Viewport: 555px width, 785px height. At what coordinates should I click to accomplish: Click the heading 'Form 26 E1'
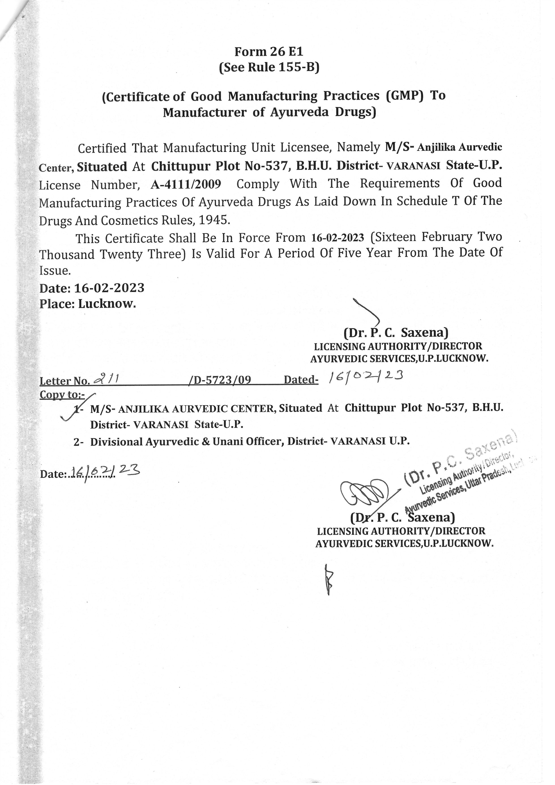[x=269, y=52]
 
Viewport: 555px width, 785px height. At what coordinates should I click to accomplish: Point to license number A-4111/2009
[x=186, y=184]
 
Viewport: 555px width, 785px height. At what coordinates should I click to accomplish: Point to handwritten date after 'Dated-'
[x=366, y=377]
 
